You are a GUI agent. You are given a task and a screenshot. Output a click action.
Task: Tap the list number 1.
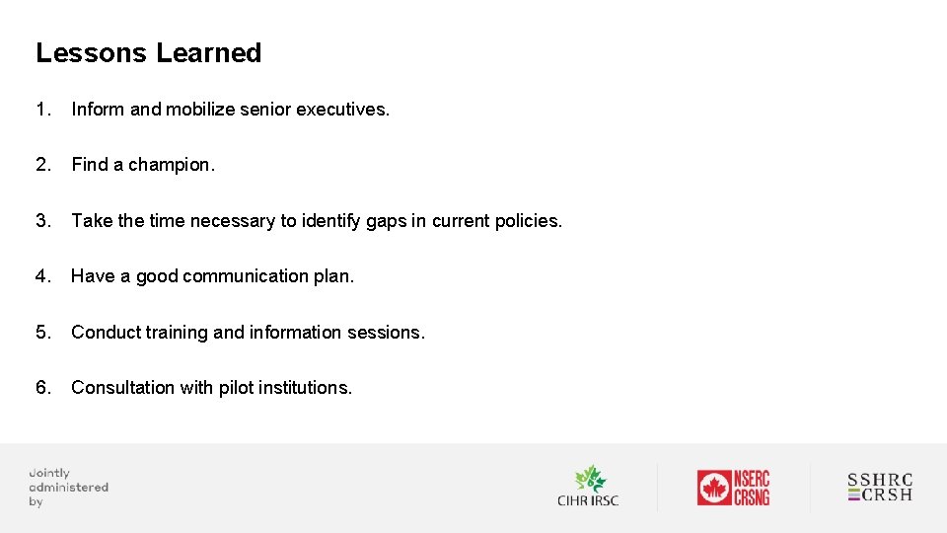[x=42, y=110]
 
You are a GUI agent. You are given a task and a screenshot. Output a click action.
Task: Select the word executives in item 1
[x=349, y=110]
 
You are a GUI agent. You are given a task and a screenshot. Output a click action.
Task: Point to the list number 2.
[x=42, y=165]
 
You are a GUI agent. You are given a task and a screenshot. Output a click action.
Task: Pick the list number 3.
[x=42, y=221]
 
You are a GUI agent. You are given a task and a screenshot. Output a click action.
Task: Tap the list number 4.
[x=42, y=276]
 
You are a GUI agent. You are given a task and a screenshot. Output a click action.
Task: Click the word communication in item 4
[x=246, y=276]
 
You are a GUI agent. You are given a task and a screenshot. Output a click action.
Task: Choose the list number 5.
[x=42, y=333]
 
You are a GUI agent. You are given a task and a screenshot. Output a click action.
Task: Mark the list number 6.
[x=42, y=388]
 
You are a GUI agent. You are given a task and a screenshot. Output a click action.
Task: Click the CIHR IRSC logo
[x=589, y=487]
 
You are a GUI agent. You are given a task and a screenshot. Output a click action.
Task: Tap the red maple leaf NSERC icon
[x=713, y=488]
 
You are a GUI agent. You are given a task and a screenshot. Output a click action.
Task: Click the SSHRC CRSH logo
[x=880, y=488]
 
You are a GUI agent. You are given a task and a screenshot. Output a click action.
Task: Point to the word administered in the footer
[x=68, y=487]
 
